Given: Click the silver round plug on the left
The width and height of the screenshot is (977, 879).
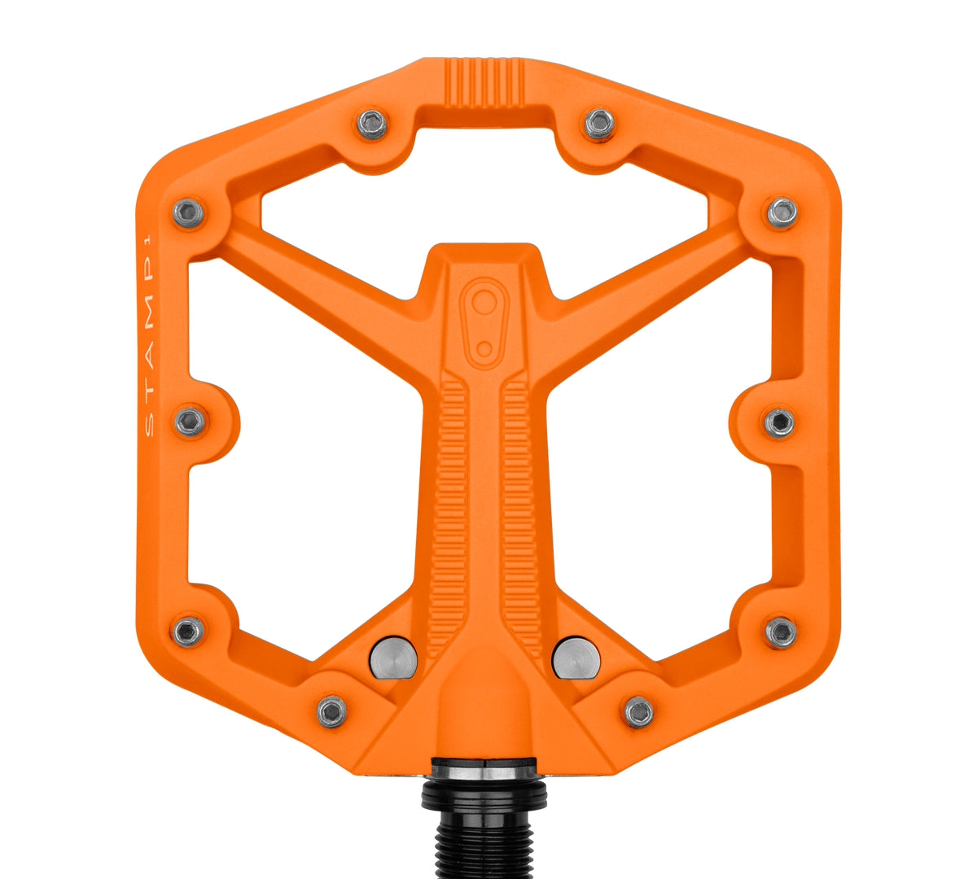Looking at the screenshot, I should point(393,658).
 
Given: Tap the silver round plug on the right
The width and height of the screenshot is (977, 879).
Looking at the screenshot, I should point(576,658).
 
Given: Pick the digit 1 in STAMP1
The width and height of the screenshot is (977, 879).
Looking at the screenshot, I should point(148,241).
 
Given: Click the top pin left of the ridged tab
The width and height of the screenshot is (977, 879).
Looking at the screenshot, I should point(372,125).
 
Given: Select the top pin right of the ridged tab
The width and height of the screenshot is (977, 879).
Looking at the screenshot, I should point(599,124).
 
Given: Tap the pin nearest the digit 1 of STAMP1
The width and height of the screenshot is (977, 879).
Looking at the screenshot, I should point(189,213).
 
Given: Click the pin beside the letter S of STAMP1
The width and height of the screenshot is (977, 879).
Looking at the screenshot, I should point(191,422).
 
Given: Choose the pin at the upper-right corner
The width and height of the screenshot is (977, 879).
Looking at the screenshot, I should point(782,212).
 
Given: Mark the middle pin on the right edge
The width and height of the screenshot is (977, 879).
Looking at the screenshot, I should point(779,422).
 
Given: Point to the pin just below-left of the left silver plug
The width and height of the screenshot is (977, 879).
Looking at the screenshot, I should point(331,711).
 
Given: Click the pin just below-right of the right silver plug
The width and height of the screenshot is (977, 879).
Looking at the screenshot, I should point(639,711).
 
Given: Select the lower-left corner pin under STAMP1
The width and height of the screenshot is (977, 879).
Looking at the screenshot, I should point(189,630).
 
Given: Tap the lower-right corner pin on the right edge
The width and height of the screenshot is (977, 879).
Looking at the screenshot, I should point(781,632).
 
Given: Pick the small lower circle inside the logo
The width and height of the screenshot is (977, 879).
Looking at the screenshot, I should point(484,349).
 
